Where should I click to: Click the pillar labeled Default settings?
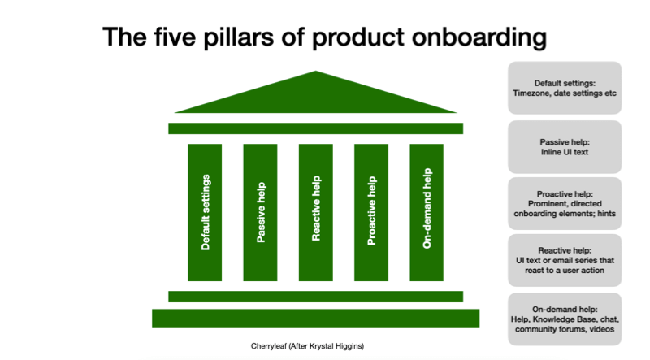[x=205, y=212]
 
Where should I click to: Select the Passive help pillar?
[x=260, y=212]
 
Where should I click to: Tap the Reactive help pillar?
[x=316, y=212]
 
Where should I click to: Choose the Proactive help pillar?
[x=371, y=212]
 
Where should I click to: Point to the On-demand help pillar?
[x=427, y=212]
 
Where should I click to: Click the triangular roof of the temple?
[x=316, y=98]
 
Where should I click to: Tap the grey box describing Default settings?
[x=565, y=88]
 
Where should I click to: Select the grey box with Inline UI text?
[x=565, y=147]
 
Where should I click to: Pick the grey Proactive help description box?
[x=565, y=204]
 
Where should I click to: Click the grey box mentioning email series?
[x=565, y=260]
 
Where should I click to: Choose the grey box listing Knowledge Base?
[x=565, y=319]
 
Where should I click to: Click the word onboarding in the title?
[x=479, y=37]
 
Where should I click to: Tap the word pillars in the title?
[x=238, y=37]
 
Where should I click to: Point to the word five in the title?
[x=175, y=37]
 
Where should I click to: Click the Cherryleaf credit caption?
[x=307, y=346]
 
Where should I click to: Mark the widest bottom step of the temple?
[x=316, y=319]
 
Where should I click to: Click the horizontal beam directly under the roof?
[x=316, y=128]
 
